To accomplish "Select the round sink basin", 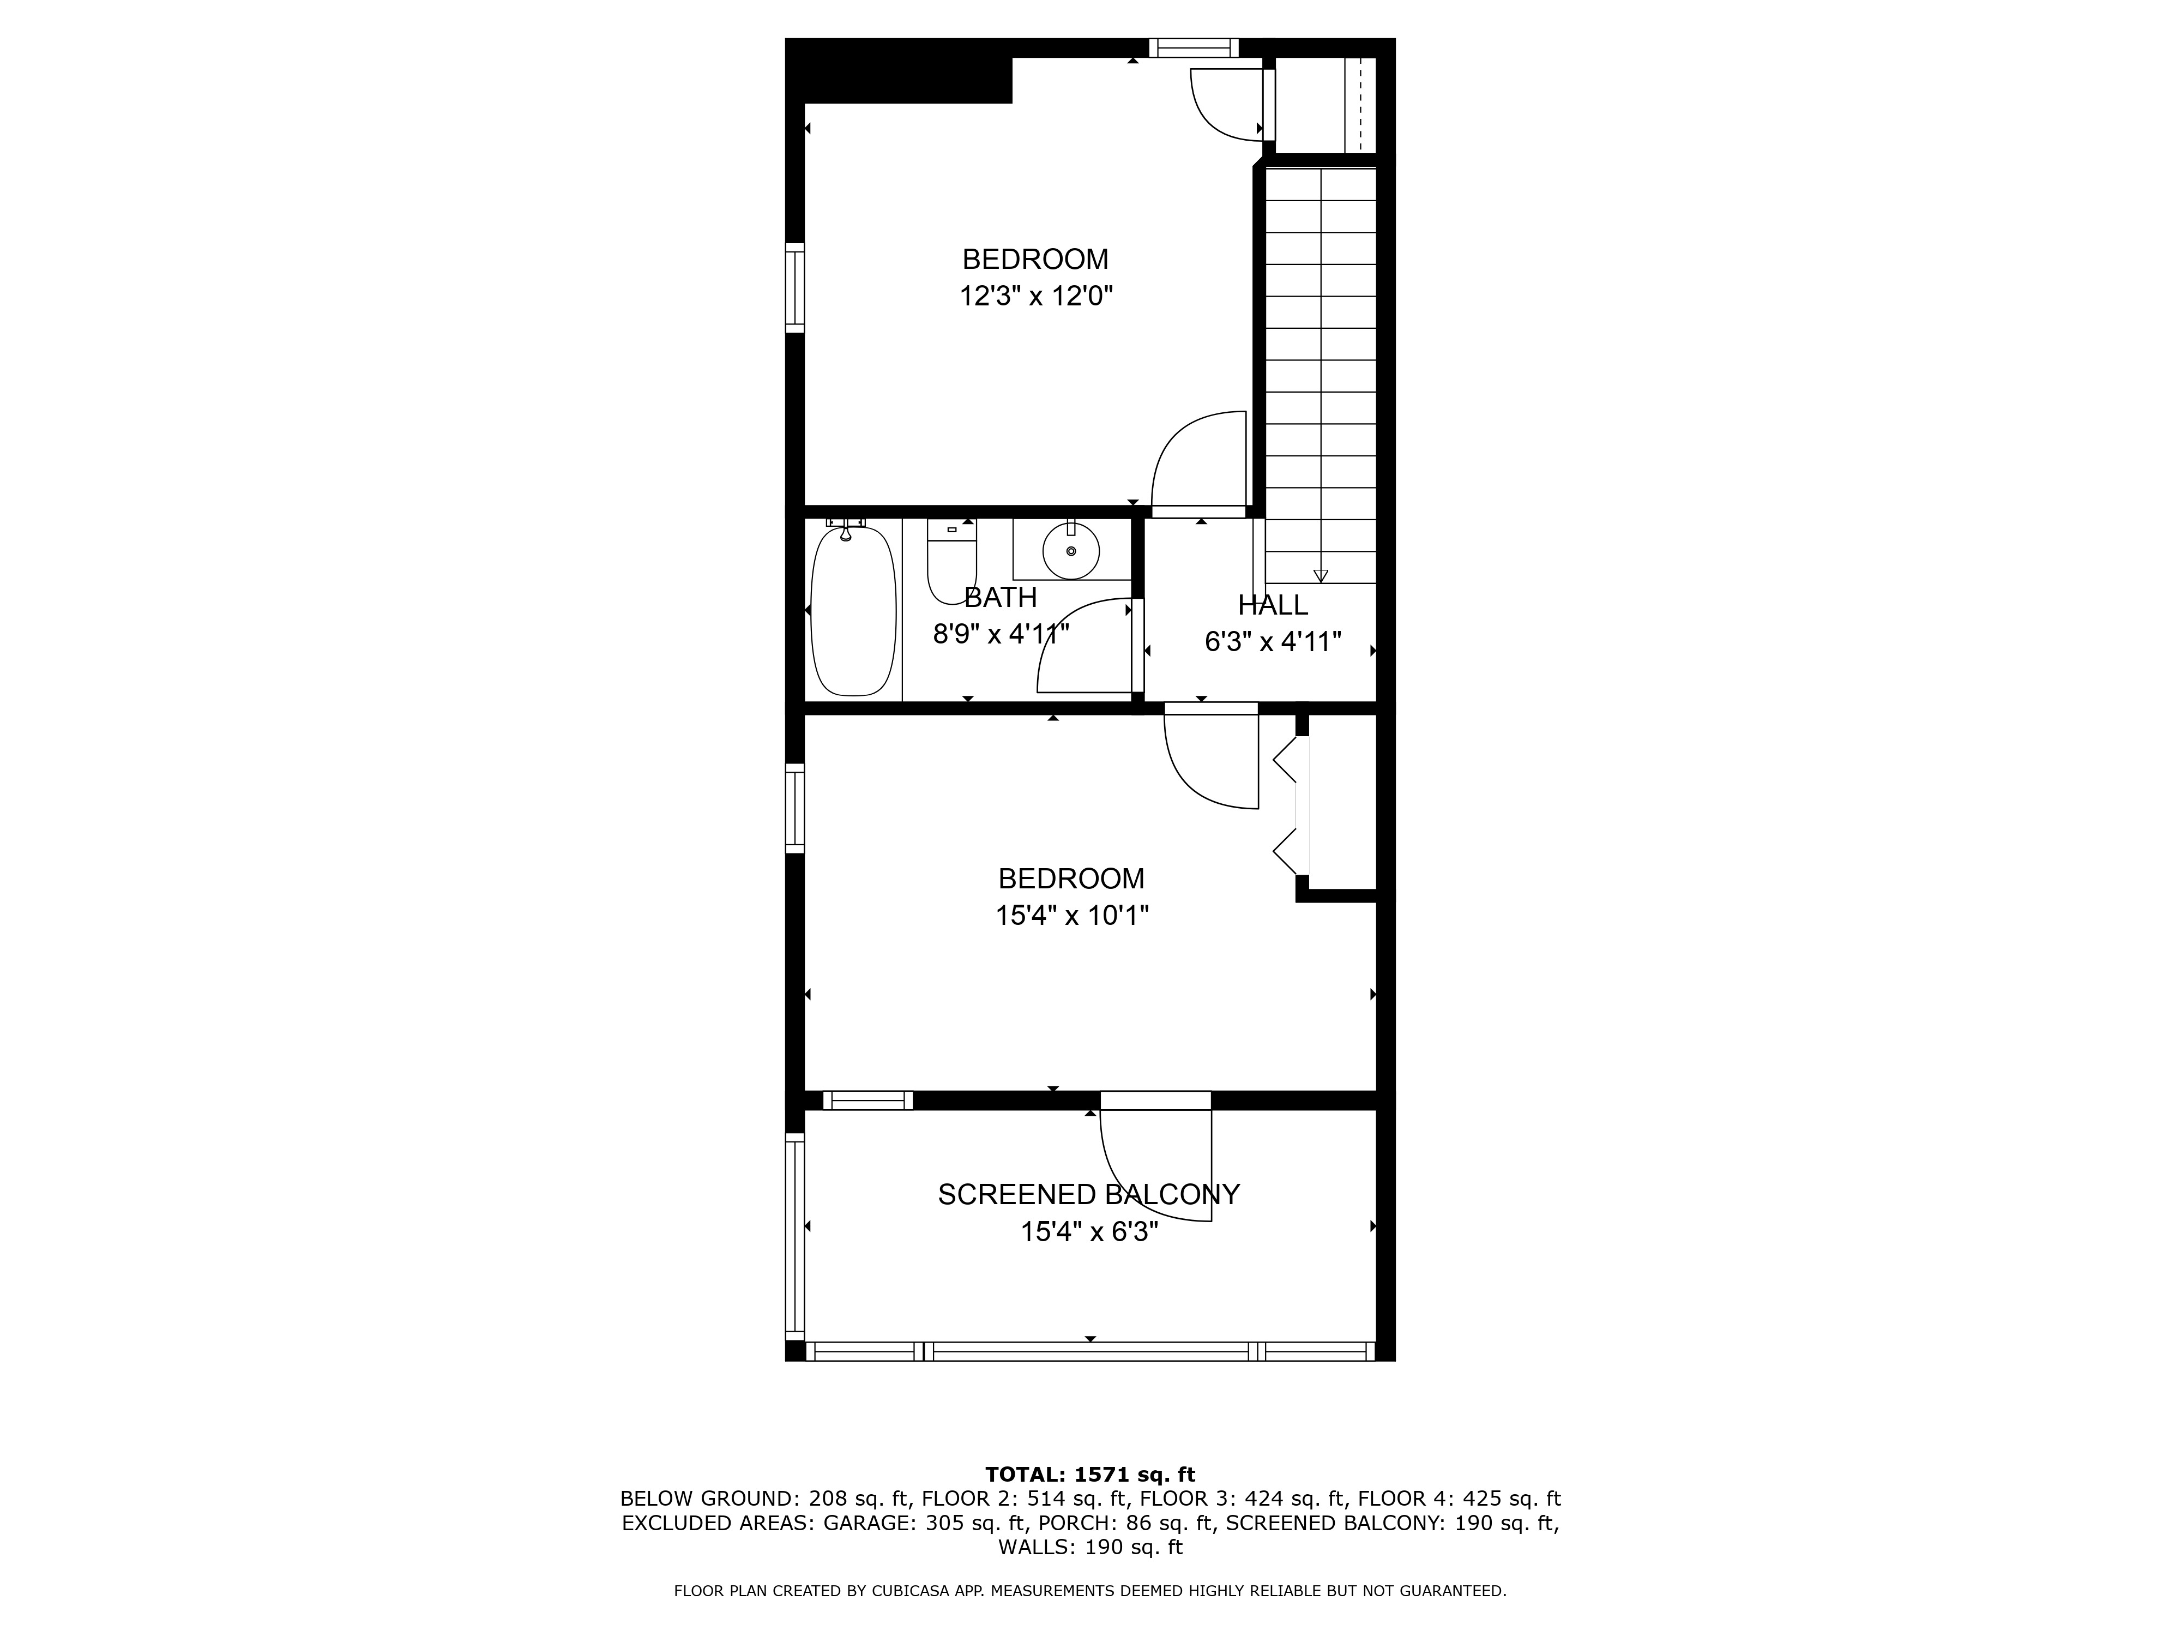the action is coord(1071,551).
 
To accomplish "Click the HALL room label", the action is coord(1273,604).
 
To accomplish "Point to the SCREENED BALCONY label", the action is coord(1088,1194).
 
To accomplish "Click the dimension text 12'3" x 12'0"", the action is coord(1037,296).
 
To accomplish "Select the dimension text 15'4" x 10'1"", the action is coord(1072,916).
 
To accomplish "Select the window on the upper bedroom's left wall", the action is coord(795,288).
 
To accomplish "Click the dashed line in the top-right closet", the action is coord(1360,104).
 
